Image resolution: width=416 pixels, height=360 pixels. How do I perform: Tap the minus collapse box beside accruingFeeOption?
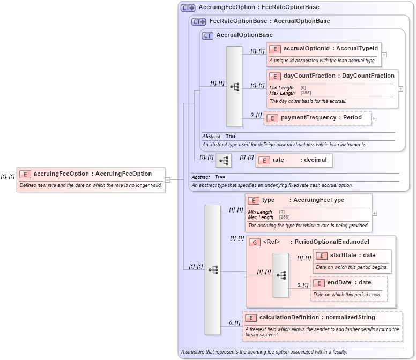[x=168, y=180]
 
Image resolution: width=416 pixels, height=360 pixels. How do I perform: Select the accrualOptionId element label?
[x=330, y=49]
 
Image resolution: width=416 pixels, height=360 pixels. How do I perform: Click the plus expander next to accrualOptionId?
[x=384, y=55]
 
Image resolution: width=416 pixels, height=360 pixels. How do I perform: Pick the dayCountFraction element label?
[x=339, y=76]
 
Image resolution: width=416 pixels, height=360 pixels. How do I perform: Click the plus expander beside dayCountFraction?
[x=400, y=89]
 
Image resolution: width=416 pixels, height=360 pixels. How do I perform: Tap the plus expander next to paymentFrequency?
[x=374, y=118]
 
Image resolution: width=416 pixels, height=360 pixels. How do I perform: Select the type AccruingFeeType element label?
[x=303, y=200]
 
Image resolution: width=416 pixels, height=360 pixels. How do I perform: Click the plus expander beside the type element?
[x=374, y=213]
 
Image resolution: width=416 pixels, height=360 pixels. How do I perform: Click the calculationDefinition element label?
[x=317, y=318]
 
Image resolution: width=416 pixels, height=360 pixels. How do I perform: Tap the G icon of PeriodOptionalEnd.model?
[x=255, y=242]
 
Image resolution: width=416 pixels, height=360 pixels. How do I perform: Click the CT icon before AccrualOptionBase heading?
[x=207, y=35]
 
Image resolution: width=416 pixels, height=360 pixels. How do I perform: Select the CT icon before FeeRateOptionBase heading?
[x=199, y=21]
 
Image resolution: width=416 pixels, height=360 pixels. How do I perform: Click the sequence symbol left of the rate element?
[x=224, y=160]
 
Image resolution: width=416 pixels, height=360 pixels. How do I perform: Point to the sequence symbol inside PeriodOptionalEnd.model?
[x=281, y=275]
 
